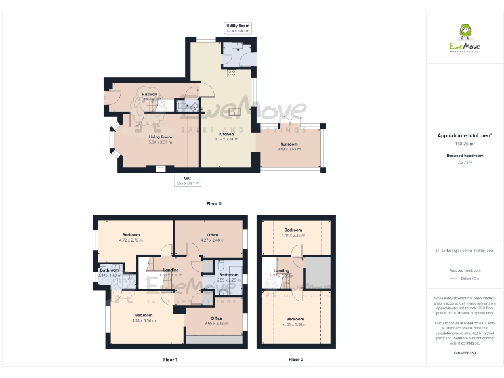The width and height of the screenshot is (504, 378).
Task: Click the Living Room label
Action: click(x=160, y=136)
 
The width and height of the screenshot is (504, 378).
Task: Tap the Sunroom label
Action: click(x=289, y=144)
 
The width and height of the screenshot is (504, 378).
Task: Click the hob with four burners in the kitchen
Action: click(x=232, y=73)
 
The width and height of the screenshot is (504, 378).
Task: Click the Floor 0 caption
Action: click(x=214, y=204)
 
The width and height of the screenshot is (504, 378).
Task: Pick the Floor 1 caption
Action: click(x=170, y=360)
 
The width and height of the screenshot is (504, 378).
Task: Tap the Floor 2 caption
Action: click(x=296, y=360)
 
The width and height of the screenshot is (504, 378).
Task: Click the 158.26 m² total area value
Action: click(x=465, y=143)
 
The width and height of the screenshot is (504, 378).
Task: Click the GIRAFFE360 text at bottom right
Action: click(x=465, y=353)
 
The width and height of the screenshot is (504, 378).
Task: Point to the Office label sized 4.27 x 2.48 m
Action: click(x=212, y=235)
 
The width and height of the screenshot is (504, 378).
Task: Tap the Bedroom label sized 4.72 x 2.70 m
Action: click(x=131, y=235)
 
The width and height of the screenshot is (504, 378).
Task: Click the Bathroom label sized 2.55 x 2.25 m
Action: click(x=228, y=275)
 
